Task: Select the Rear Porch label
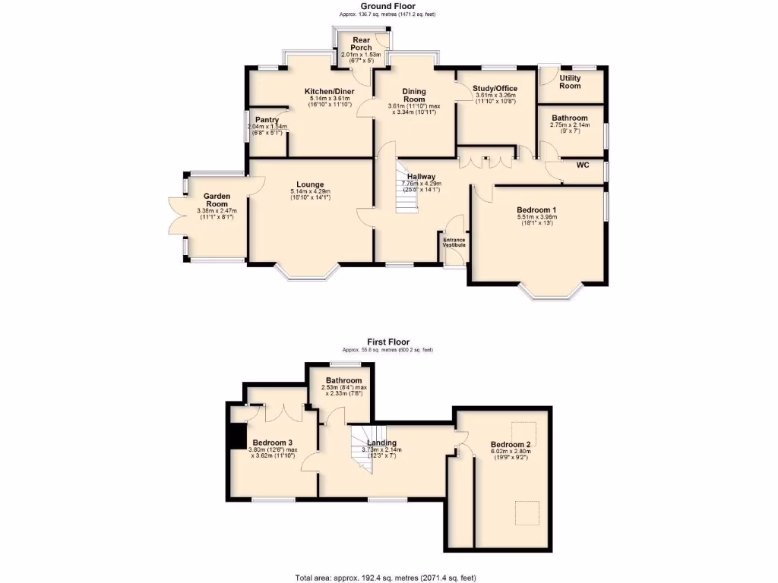[362, 44]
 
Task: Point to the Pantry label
[267, 120]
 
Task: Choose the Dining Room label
[414, 96]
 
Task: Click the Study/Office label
[495, 89]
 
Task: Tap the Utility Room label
[570, 82]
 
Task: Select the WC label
[583, 165]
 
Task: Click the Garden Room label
[217, 200]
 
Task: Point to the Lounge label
[310, 184]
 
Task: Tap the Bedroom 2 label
[510, 444]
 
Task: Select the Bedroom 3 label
[273, 443]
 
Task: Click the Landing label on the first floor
[381, 443]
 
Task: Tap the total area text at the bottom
[386, 577]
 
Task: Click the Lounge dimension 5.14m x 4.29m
[310, 191]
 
